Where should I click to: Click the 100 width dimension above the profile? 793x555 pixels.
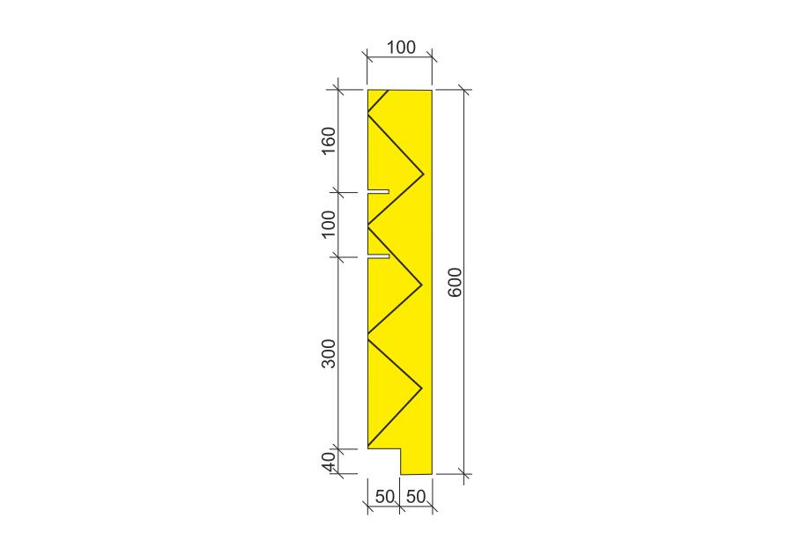click(401, 47)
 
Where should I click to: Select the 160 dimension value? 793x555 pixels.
click(329, 141)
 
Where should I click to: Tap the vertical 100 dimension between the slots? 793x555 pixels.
click(329, 224)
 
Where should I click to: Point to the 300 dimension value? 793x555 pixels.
click(329, 354)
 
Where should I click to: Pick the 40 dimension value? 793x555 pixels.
click(329, 462)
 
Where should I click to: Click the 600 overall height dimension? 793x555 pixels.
click(456, 282)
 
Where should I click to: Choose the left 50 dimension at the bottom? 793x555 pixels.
click(384, 496)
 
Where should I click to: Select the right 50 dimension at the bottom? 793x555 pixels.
click(416, 496)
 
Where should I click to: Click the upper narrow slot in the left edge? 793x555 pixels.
click(378, 191)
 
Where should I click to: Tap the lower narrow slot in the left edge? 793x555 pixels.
click(378, 256)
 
